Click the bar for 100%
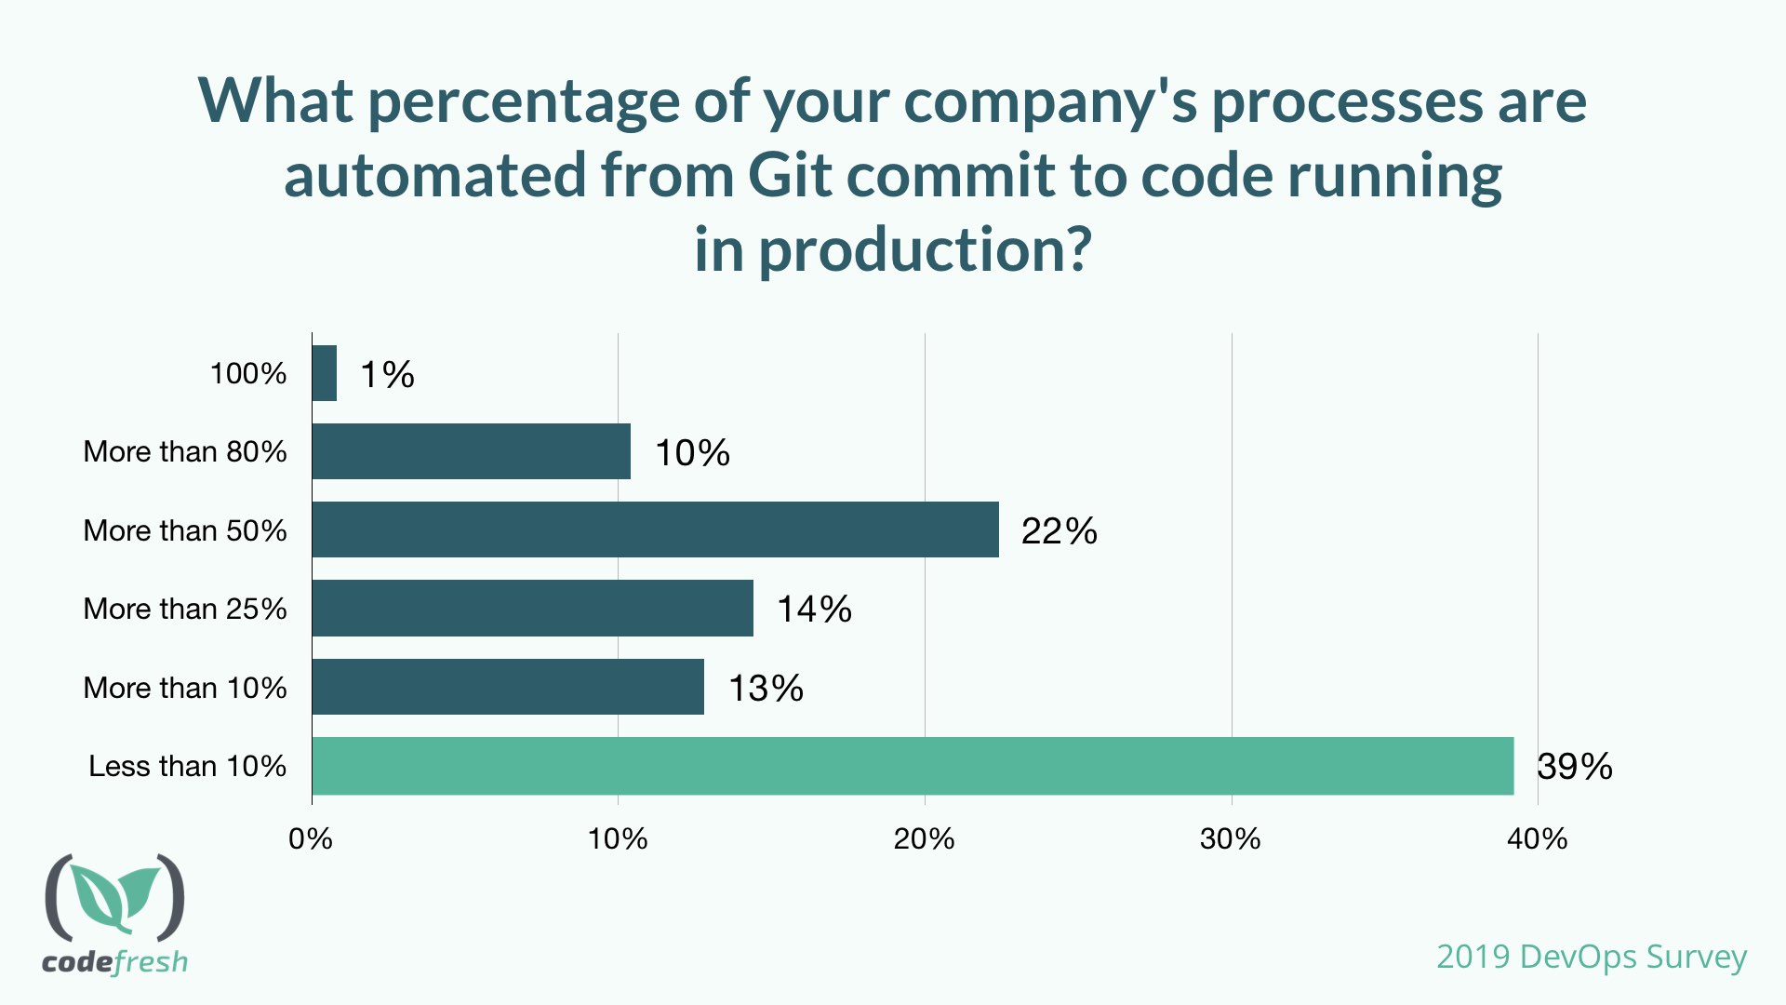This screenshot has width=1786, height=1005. pyautogui.click(x=325, y=373)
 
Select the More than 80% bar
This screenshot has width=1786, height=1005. pyautogui.click(x=472, y=451)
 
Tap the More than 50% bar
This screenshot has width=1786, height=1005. pyautogui.click(x=655, y=529)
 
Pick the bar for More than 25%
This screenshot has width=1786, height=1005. pyautogui.click(x=532, y=608)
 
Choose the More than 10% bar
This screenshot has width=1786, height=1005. pyautogui.click(x=508, y=687)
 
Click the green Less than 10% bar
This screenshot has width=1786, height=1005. pyautogui.click(x=913, y=766)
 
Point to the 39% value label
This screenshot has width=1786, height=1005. pyautogui.click(x=1574, y=767)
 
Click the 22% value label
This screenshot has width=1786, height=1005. pyautogui.click(x=1059, y=531)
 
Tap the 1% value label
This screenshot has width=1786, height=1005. pyautogui.click(x=387, y=375)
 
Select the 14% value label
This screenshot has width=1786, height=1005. pyautogui.click(x=814, y=610)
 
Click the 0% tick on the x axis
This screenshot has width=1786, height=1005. pyautogui.click(x=311, y=839)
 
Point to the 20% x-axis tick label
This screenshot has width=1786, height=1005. pyautogui.click(x=924, y=839)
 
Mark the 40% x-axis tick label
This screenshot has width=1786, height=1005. pyautogui.click(x=1537, y=839)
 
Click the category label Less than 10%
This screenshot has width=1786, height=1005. pyautogui.click(x=187, y=766)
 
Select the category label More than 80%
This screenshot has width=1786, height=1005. pyautogui.click(x=185, y=451)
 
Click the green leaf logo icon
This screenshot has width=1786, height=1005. pyautogui.click(x=114, y=897)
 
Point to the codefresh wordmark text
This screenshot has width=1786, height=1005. pyautogui.click(x=114, y=961)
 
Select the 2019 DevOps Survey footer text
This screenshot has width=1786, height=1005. pyautogui.click(x=1591, y=957)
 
